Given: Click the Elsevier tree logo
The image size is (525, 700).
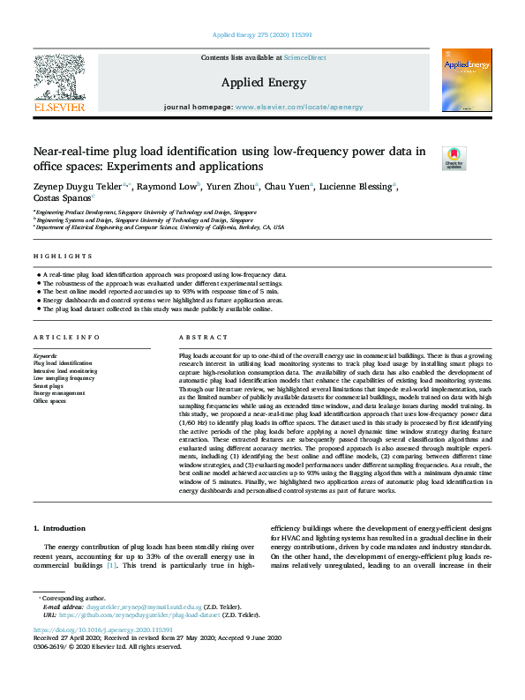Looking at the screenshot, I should [x=59, y=80].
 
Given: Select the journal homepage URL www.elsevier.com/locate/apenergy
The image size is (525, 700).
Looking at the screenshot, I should [x=299, y=107].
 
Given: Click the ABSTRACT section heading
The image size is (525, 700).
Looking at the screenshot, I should [x=198, y=339].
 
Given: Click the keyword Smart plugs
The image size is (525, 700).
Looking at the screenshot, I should [x=48, y=386].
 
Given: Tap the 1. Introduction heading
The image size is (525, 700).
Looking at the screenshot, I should [x=59, y=528].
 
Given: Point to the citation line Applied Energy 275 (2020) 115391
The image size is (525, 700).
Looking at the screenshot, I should [x=262, y=35].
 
